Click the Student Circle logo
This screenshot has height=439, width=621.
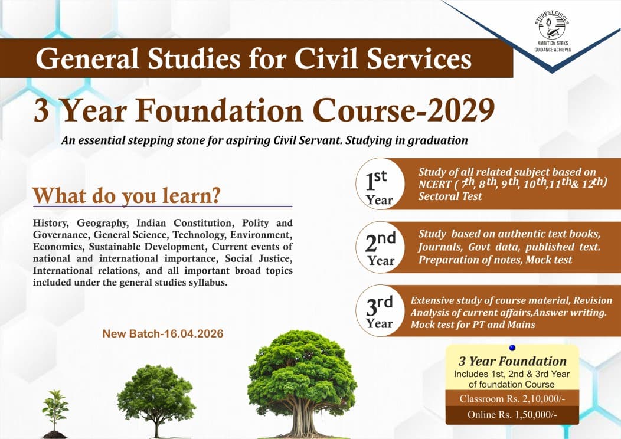pyautogui.click(x=552, y=32)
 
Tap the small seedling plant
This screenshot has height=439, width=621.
pyautogui.click(x=55, y=413)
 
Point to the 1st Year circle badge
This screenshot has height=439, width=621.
pyautogui.click(x=378, y=184)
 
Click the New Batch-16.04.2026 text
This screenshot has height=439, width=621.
pyautogui.click(x=163, y=334)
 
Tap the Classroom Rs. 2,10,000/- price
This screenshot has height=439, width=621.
pyautogui.click(x=512, y=399)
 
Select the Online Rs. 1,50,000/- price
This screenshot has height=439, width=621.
pyautogui.click(x=512, y=415)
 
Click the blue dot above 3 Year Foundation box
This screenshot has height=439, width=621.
pyautogui.click(x=512, y=348)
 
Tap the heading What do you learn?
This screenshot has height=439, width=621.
pyautogui.click(x=126, y=195)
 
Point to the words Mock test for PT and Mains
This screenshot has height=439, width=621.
pyautogui.click(x=473, y=324)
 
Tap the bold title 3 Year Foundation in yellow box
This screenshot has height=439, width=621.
pyautogui.click(x=512, y=361)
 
